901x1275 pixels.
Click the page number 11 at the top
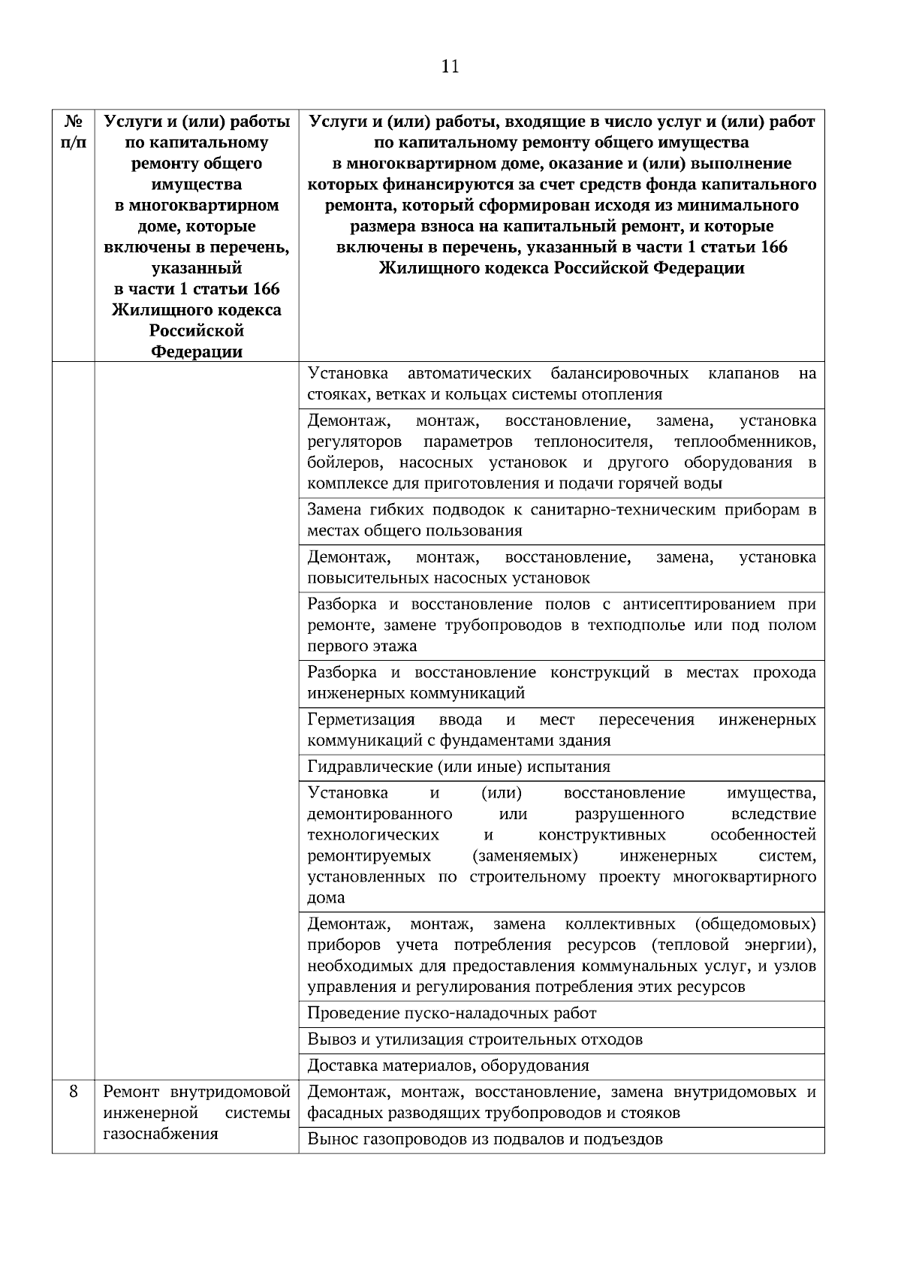450,67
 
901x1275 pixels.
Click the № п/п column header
73,131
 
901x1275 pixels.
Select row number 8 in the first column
73,1092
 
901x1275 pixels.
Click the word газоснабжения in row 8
160,1134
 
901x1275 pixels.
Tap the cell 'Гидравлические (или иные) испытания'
459,767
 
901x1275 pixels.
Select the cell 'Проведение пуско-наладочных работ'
452,1013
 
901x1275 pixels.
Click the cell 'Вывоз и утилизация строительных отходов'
475,1039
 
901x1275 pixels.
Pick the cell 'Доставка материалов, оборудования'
448,1066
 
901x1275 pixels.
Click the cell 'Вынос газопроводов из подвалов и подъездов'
485,1139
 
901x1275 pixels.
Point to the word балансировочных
619,373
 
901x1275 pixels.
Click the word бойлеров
345,463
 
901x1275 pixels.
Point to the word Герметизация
361,719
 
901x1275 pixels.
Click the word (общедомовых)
755,924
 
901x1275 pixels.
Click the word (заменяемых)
526,856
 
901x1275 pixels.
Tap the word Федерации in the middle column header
197,351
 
